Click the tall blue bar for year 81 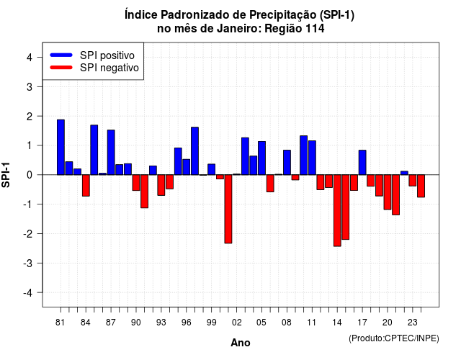(61, 147)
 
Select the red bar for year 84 (86, 186)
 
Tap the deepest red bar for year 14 (337, 210)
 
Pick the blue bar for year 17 (362, 163)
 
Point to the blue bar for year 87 (111, 152)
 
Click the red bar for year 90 (136, 183)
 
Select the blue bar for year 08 (287, 163)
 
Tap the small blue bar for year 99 (212, 169)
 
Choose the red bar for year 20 (388, 192)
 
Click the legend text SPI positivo (107, 55)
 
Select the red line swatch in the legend (61, 68)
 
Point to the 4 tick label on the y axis (30, 58)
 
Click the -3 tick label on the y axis (28, 263)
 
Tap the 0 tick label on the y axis (30, 175)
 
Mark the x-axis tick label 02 (237, 323)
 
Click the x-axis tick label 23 (413, 323)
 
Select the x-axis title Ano (241, 343)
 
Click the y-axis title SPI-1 (6, 175)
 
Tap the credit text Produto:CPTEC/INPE (394, 338)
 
